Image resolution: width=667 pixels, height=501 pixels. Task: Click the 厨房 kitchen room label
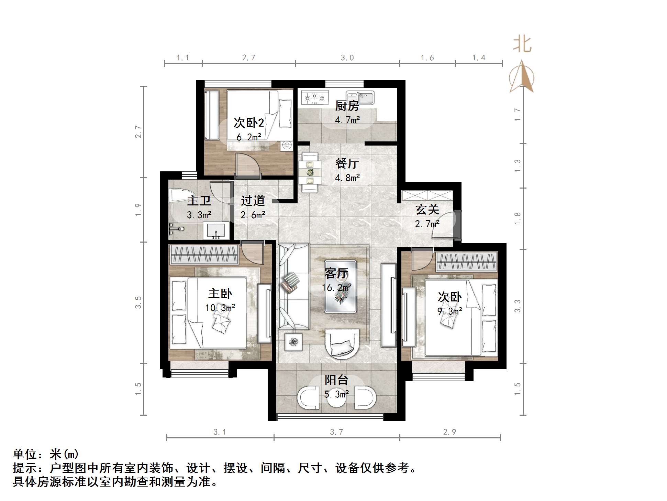[347, 106]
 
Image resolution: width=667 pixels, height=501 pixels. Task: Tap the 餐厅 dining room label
[347, 163]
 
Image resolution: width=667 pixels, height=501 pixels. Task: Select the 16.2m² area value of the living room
[336, 288]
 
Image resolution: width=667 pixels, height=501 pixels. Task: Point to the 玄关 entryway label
[427, 210]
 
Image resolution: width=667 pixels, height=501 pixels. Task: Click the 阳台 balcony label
[336, 380]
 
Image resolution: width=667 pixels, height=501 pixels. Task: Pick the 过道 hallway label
[253, 201]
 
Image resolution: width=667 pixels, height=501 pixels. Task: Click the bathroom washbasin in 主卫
[215, 230]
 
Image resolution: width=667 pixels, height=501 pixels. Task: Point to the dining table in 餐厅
[310, 172]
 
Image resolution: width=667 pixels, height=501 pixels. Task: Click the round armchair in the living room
[342, 344]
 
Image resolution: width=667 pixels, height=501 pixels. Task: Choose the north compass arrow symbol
[522, 77]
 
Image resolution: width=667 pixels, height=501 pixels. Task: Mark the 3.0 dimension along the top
[347, 58]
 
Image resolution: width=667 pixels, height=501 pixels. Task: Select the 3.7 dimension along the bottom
[336, 432]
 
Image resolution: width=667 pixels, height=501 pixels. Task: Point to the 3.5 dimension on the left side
[138, 302]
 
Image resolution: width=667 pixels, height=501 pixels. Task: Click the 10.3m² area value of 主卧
[220, 308]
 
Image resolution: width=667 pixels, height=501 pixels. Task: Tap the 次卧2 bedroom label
[249, 123]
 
